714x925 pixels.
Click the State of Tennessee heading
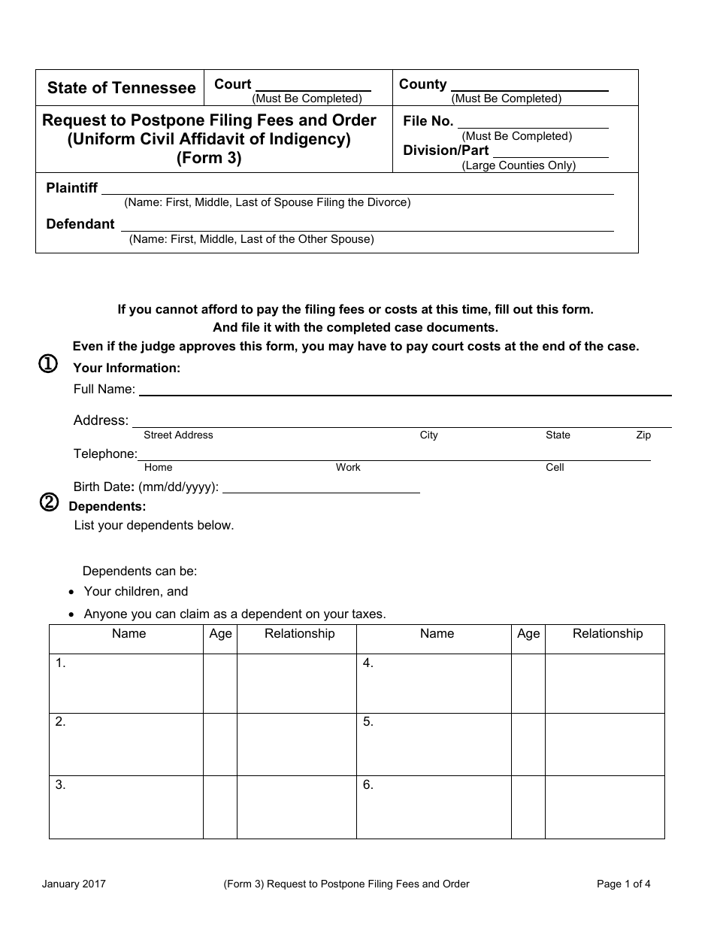121,88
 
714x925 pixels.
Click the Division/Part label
446,150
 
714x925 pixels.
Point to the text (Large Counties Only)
519,165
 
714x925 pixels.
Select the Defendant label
80,224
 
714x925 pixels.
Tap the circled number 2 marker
49,503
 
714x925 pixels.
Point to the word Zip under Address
643,435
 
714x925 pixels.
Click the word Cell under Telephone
555,468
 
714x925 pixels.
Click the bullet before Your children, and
71,593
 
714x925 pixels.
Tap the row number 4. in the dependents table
368,663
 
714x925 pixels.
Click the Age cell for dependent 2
220,744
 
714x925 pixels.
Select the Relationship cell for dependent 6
604,807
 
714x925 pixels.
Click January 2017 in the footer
74,884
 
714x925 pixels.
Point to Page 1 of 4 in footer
623,884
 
